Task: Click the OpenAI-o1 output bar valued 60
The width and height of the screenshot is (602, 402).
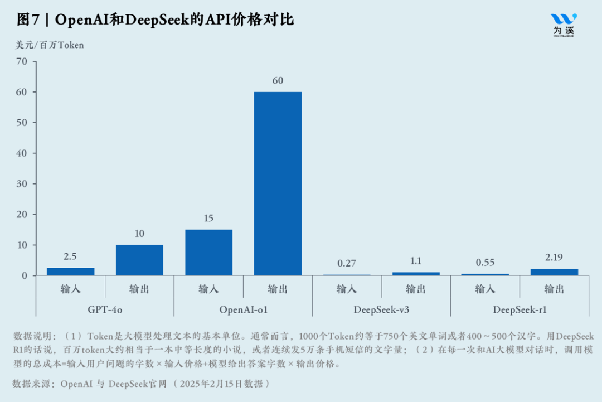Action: tap(278, 183)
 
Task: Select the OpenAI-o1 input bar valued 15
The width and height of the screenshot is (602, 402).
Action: tap(208, 252)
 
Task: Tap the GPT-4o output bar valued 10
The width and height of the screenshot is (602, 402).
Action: tap(139, 260)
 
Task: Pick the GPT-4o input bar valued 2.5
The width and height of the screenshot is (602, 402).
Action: tap(70, 272)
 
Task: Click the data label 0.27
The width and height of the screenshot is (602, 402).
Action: tap(347, 264)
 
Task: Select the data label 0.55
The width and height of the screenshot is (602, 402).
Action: tap(485, 263)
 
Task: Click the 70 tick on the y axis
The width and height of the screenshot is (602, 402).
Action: tap(22, 61)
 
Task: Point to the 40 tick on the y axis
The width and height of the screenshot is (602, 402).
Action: tap(22, 153)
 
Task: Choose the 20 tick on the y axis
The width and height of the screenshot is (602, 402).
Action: tap(22, 215)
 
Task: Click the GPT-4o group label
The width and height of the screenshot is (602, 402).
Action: tap(105, 309)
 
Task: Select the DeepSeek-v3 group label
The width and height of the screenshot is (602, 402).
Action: tap(381, 309)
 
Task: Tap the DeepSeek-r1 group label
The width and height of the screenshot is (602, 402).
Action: tap(520, 309)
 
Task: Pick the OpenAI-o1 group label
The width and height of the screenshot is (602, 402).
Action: tap(243, 309)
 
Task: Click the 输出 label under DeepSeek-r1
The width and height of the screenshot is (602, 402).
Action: tap(554, 289)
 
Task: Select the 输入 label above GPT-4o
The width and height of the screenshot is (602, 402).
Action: tap(70, 289)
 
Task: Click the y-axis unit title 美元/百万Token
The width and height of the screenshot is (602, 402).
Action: tap(50, 45)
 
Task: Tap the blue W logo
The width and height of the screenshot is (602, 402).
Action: tap(564, 20)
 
